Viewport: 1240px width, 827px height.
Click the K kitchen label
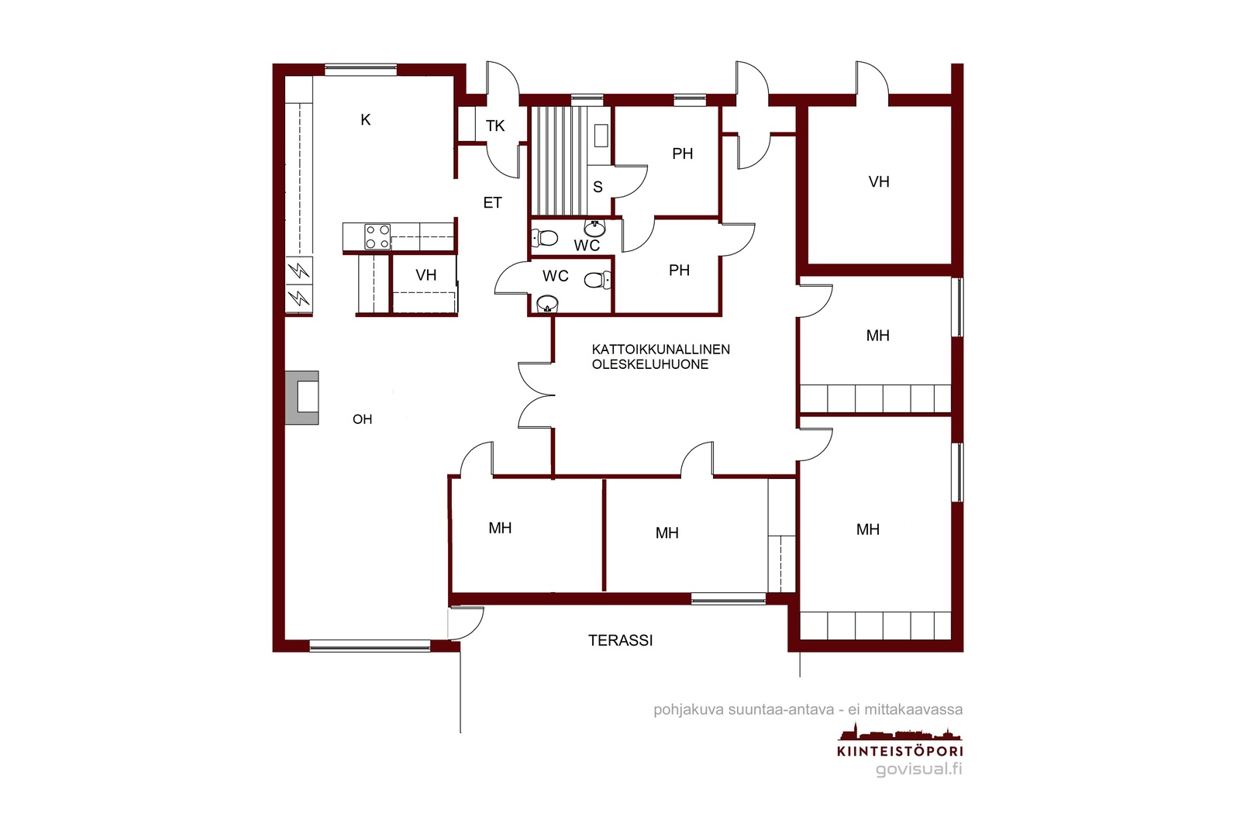click(365, 119)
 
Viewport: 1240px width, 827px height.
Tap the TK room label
click(495, 126)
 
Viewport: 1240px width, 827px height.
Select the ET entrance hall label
click(492, 202)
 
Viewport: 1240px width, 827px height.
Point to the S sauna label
click(598, 187)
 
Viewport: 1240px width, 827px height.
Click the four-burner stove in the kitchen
click(377, 236)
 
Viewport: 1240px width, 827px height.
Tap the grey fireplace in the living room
click(301, 398)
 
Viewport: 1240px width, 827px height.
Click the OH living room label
click(362, 419)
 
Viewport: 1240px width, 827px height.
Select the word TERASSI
click(620, 640)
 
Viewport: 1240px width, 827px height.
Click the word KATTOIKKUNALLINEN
click(660, 350)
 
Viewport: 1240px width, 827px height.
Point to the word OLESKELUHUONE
click(650, 364)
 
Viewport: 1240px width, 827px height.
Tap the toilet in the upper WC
click(544, 238)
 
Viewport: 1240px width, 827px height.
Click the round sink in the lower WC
click(547, 303)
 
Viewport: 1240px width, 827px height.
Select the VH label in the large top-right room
click(879, 181)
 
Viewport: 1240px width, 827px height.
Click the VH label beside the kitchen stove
click(425, 275)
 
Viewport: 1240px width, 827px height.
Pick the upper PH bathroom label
click(683, 153)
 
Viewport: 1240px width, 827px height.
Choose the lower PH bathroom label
click(679, 270)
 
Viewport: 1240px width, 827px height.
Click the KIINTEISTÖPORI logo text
click(900, 751)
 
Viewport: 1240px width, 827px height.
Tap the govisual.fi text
click(919, 769)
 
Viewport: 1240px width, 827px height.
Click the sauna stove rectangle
click(601, 136)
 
